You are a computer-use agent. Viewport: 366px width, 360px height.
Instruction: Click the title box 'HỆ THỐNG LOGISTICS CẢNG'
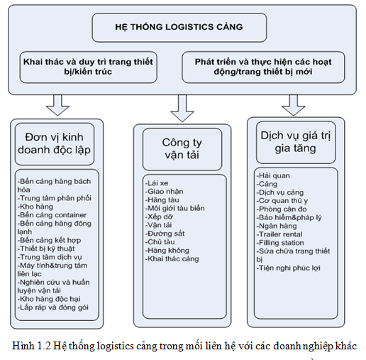[179, 28]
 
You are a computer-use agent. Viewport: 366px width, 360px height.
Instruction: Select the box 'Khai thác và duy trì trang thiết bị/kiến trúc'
[88, 67]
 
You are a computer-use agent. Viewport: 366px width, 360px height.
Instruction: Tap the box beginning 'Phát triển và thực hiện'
[263, 67]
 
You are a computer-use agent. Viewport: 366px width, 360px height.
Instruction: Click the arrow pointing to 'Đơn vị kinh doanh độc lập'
[57, 105]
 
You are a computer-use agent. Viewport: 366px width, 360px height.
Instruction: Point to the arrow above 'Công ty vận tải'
[182, 108]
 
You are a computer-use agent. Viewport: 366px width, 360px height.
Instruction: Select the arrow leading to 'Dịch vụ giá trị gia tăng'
[293, 105]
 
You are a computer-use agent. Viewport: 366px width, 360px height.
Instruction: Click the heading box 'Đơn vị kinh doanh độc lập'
[55, 144]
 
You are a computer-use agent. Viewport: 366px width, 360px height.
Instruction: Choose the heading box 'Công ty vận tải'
[182, 149]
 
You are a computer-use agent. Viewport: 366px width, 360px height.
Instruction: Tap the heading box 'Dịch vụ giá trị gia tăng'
[296, 142]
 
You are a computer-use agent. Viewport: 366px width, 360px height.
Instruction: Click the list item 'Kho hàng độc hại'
[49, 299]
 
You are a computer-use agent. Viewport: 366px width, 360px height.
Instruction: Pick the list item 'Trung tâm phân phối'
[55, 198]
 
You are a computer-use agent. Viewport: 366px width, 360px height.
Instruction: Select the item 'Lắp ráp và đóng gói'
[53, 307]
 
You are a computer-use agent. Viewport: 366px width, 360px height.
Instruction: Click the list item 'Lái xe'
[157, 183]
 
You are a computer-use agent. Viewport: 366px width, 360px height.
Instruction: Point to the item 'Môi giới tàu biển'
[175, 208]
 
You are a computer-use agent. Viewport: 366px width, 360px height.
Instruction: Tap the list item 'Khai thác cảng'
[172, 258]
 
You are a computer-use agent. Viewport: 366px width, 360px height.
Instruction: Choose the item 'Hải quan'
[273, 175]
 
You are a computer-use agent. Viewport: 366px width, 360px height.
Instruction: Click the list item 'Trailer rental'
[279, 234]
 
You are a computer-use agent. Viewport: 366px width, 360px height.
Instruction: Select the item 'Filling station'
[280, 243]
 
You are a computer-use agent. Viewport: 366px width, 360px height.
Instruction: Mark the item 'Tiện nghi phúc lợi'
[289, 268]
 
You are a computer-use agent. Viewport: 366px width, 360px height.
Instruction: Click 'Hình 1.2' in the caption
[31, 346]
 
